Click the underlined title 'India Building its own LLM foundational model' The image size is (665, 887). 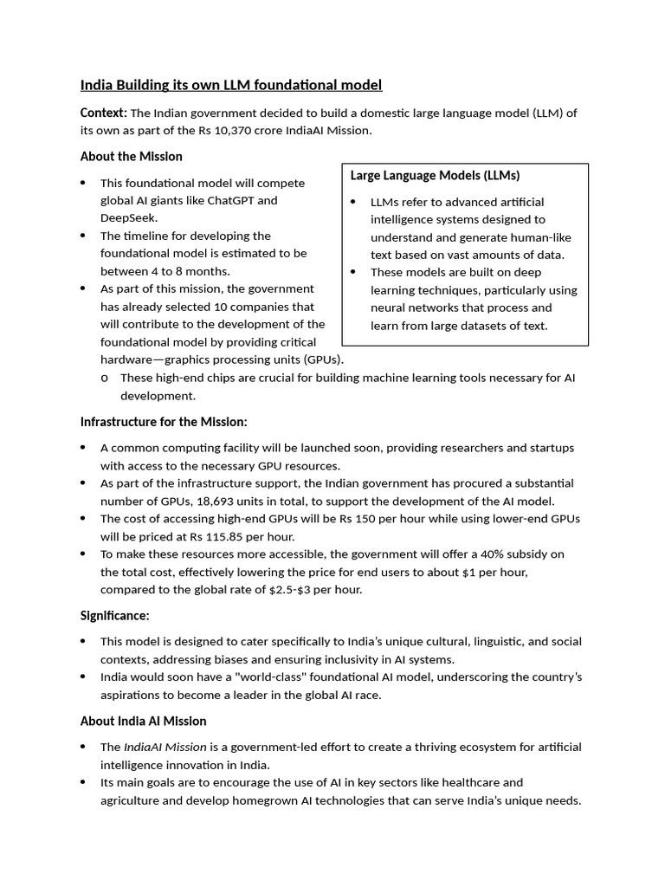click(230, 85)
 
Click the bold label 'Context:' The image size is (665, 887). click(103, 113)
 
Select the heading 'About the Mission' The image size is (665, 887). click(131, 156)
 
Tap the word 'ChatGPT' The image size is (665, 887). click(255, 200)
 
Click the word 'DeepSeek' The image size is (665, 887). click(128, 217)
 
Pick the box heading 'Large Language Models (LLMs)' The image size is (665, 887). click(435, 175)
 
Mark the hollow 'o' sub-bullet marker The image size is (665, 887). click(105, 378)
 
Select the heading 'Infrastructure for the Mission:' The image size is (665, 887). click(164, 421)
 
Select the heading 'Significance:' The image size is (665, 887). click(115, 615)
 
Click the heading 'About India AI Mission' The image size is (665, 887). click(143, 721)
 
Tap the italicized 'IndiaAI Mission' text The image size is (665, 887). click(165, 747)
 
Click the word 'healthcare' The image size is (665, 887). click(490, 782)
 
